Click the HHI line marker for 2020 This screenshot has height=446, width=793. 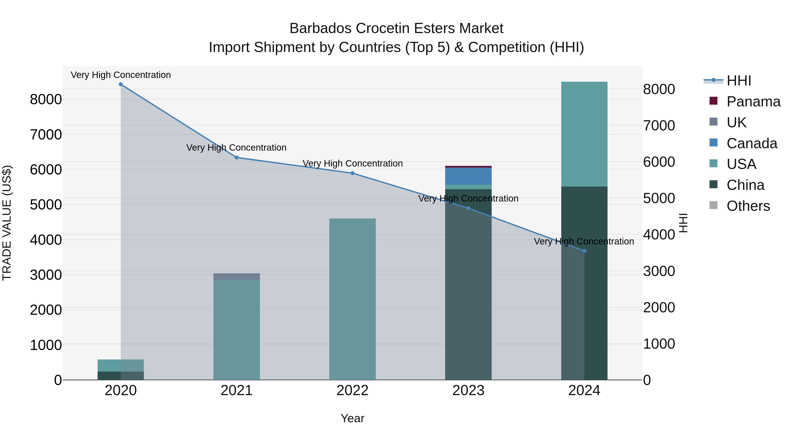click(121, 84)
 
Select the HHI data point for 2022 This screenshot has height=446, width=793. click(352, 173)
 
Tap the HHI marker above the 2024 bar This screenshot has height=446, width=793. click(584, 251)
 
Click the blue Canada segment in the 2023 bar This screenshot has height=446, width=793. click(468, 176)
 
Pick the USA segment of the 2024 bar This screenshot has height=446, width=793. click(584, 134)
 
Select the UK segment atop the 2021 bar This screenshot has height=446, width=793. click(236, 276)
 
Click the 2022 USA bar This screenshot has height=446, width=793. click(352, 299)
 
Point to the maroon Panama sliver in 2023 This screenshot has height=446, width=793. click(468, 167)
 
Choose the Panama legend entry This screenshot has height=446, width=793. click(753, 102)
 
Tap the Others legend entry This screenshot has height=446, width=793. click(748, 206)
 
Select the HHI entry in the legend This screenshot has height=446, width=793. click(739, 81)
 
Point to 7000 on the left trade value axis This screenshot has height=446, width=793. click(46, 135)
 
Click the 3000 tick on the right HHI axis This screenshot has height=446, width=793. click(659, 271)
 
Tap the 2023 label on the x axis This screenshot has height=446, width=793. click(468, 390)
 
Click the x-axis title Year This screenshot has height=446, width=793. click(352, 418)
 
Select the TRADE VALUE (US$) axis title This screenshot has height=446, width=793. click(7, 223)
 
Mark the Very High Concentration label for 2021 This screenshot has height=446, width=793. click(236, 148)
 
